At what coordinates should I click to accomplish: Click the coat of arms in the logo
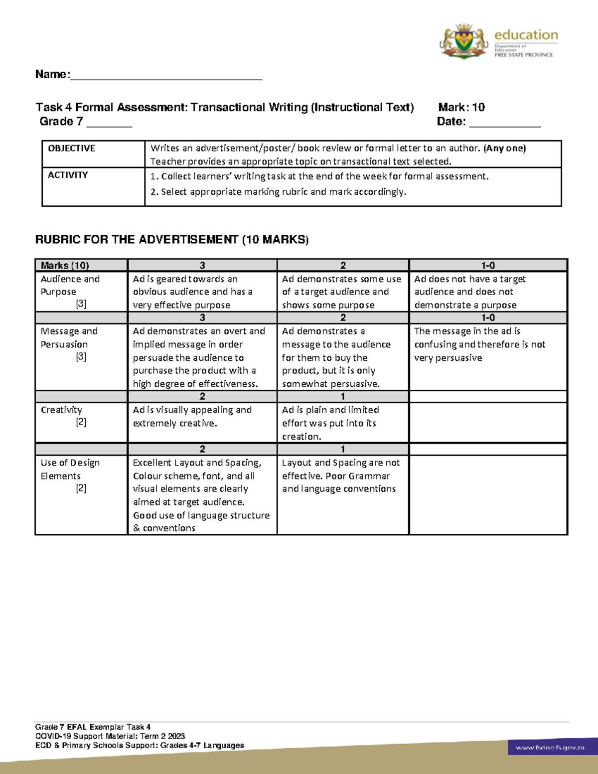tap(464, 41)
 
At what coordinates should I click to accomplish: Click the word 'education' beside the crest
tap(526, 35)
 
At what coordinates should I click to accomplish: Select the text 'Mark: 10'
tap(461, 107)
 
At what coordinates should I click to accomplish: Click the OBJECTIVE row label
tap(72, 149)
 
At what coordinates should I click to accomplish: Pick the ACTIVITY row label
tap(68, 175)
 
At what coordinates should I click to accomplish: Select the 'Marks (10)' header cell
tap(65, 266)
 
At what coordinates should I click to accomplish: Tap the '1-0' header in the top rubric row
tap(488, 266)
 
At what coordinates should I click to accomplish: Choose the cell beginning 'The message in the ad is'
tap(479, 344)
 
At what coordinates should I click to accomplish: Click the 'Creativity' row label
tap(62, 410)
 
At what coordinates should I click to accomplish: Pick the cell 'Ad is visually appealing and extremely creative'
tap(192, 417)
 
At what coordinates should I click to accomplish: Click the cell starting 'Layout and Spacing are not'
tap(341, 476)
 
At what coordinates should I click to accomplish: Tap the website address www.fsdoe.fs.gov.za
tap(550, 748)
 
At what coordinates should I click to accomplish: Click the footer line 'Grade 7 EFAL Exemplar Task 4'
tap(93, 727)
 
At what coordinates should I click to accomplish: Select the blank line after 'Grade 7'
tap(109, 124)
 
